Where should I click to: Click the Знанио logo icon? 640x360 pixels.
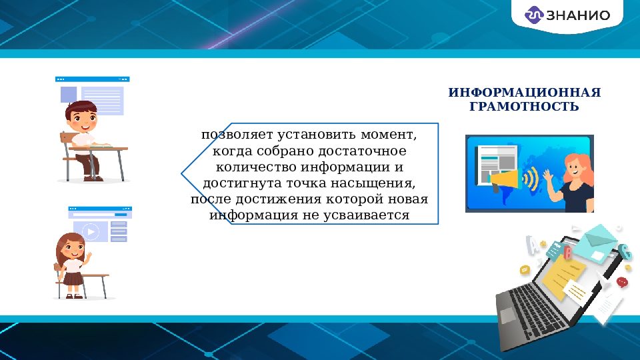(x=535, y=15)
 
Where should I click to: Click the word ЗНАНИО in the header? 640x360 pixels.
(x=577, y=15)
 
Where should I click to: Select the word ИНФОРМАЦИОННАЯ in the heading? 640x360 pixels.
(x=524, y=92)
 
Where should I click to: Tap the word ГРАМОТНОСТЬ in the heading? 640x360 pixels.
(x=524, y=106)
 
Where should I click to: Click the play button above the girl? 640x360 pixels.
(x=91, y=232)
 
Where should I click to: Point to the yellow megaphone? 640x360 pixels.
(x=505, y=179)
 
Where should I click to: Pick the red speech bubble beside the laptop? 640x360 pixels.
(x=623, y=282)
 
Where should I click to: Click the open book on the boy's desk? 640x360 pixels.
(x=101, y=144)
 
